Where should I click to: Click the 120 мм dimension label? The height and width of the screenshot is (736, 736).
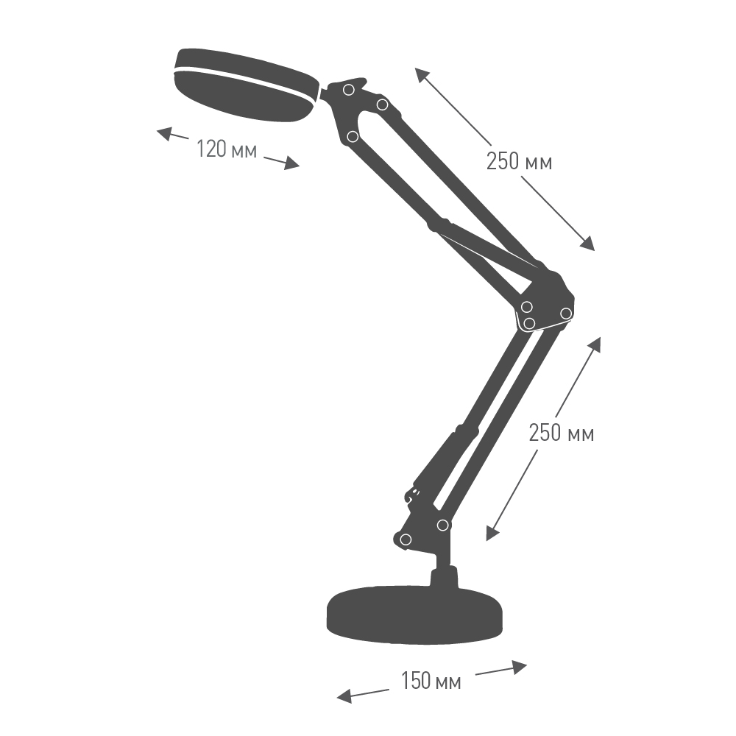(226, 149)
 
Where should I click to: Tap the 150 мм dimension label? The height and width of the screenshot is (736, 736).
(431, 681)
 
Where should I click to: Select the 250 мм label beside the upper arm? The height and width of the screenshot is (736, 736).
(519, 161)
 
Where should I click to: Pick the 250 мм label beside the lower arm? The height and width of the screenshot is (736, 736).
(562, 432)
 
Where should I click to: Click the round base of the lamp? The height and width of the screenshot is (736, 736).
(414, 615)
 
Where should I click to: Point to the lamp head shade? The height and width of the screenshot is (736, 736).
(246, 82)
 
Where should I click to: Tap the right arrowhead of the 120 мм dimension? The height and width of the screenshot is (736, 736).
(291, 163)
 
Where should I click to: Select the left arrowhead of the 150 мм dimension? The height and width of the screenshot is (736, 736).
(345, 696)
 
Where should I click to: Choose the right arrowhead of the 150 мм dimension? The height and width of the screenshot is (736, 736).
(519, 667)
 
